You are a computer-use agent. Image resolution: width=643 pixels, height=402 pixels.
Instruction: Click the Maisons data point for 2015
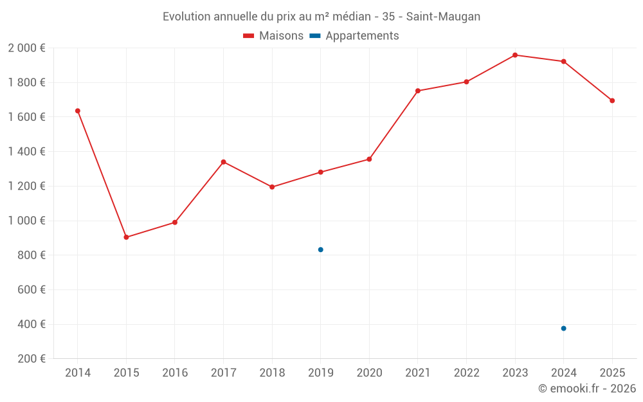click(x=126, y=237)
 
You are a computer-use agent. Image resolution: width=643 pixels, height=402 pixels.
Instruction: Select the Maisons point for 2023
click(x=515, y=55)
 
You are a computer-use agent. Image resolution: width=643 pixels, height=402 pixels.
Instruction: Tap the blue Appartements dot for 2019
click(x=321, y=250)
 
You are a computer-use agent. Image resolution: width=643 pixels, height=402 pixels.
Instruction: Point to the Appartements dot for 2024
click(x=564, y=329)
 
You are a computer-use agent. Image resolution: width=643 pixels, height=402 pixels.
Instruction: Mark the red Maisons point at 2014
click(x=78, y=111)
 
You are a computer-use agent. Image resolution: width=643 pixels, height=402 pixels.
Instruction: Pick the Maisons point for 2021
click(x=418, y=91)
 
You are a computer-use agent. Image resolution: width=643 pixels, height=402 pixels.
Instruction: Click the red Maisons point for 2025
click(x=612, y=100)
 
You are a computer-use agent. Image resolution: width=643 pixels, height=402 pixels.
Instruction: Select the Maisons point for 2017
click(x=223, y=162)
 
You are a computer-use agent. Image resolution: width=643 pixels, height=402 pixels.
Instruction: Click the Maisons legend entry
click(x=273, y=36)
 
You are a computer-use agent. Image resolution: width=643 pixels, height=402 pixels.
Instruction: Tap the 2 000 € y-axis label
click(x=26, y=48)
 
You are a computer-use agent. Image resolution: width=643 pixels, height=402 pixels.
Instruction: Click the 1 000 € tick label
click(x=26, y=221)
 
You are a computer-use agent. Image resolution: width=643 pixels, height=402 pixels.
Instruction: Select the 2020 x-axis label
click(x=369, y=373)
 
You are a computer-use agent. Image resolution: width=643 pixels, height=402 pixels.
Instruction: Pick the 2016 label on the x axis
click(x=175, y=373)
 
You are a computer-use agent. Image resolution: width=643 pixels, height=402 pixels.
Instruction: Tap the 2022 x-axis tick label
click(x=466, y=373)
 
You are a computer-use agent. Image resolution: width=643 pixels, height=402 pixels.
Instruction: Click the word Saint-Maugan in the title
click(x=443, y=17)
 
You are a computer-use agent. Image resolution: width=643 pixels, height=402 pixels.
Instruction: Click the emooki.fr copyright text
click(x=587, y=388)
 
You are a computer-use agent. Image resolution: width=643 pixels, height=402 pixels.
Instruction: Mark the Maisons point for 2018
click(x=272, y=187)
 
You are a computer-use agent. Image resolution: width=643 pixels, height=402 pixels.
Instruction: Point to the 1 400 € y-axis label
click(x=26, y=152)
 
